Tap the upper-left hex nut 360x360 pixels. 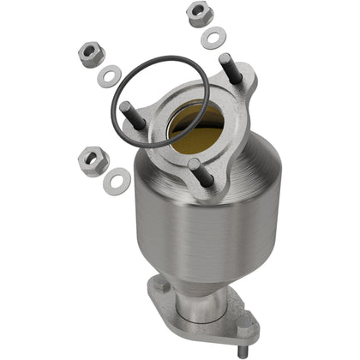click(x=91, y=55)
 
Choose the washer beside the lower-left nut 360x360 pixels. click(x=117, y=180)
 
